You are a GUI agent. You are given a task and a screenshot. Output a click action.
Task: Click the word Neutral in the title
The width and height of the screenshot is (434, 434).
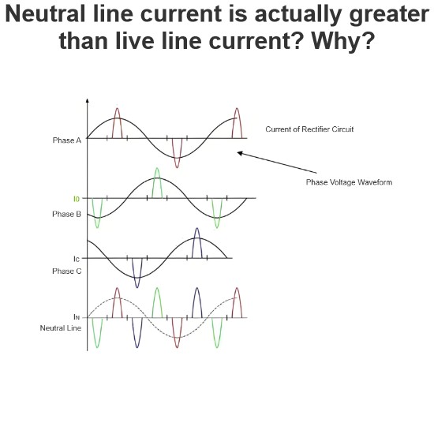click(x=45, y=14)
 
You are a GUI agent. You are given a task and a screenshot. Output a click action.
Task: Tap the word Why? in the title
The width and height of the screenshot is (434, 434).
click(x=343, y=41)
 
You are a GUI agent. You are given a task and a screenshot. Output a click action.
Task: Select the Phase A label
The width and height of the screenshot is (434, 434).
click(x=67, y=140)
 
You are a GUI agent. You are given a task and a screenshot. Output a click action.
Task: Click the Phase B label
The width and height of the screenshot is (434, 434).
click(x=67, y=214)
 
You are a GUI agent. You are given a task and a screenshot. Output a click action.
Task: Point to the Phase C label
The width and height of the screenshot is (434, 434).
click(x=67, y=271)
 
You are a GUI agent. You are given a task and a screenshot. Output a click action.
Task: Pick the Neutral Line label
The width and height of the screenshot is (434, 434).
click(x=61, y=328)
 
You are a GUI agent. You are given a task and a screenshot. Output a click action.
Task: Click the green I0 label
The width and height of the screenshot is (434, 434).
click(x=77, y=199)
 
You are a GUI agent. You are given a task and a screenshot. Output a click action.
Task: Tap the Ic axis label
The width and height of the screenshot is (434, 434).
click(x=77, y=259)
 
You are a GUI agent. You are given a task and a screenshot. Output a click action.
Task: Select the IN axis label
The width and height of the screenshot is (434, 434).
click(x=77, y=316)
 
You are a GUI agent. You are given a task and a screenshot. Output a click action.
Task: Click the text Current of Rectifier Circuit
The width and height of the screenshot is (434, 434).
click(x=309, y=129)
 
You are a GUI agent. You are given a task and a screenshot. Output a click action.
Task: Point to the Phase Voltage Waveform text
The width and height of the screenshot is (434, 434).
click(x=349, y=182)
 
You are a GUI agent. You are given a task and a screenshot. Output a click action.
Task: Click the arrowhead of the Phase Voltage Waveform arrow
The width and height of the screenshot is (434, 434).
click(x=240, y=153)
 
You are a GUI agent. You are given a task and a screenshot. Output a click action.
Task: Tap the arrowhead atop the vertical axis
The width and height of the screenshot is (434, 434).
click(x=87, y=100)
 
